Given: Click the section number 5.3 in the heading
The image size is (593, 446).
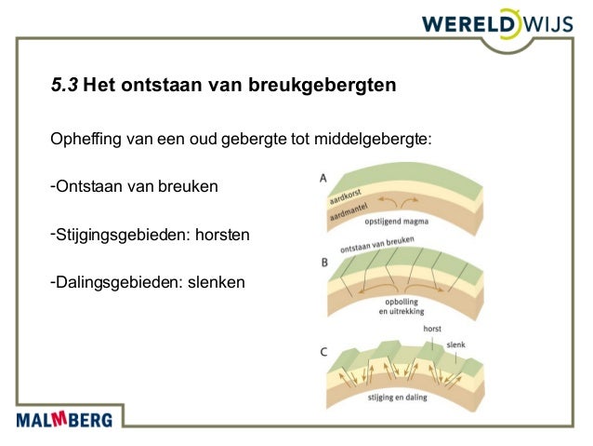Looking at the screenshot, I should point(64,88).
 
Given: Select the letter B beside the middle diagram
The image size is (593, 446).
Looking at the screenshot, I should point(323,264).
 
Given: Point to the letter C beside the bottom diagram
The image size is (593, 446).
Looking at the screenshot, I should point(323,352).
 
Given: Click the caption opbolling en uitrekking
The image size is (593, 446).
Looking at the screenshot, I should point(402,307).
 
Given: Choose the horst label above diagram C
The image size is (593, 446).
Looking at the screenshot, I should point(431,329).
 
